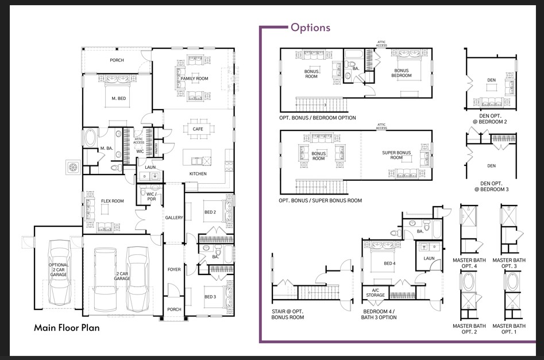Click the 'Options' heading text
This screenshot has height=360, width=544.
[x=310, y=28]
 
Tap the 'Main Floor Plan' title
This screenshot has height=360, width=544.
[x=67, y=328]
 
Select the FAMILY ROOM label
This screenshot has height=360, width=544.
[x=194, y=78]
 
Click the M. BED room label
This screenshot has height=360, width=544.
[x=118, y=98]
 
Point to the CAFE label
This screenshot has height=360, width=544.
[x=198, y=129]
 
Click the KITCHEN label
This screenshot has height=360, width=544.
[x=198, y=173]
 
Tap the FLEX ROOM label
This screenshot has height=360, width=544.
[x=113, y=202]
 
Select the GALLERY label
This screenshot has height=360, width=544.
[x=174, y=218]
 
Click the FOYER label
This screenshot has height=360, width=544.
[x=174, y=269]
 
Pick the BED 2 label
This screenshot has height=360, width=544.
[x=209, y=212]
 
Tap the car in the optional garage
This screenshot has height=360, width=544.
[x=59, y=273]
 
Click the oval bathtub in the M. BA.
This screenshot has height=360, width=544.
[x=90, y=138]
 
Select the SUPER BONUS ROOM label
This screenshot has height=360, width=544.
[x=396, y=155]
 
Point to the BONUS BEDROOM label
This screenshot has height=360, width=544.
[x=402, y=73]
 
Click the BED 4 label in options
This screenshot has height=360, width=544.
[x=389, y=264]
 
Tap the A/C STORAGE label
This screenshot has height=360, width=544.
[x=379, y=293]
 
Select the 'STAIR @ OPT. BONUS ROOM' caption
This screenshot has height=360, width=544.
[x=288, y=313]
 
